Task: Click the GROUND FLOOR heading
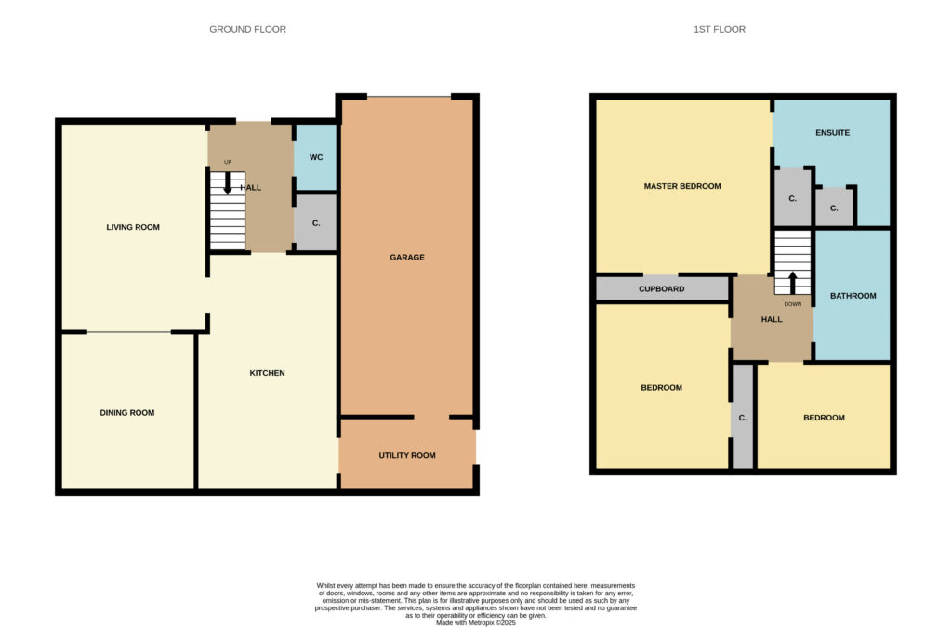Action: tap(247, 29)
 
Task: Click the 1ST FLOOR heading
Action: tap(720, 29)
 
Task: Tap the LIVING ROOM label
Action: tap(133, 227)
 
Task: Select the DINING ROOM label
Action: tap(126, 412)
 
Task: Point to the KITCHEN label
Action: tap(267, 373)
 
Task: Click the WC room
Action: tap(316, 158)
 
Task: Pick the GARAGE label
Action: tap(407, 258)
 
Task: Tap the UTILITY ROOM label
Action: tap(407, 455)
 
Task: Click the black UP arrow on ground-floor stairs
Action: tap(228, 183)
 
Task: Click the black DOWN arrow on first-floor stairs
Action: tap(792, 283)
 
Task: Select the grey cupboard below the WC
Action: tap(316, 222)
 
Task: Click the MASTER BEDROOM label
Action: tap(682, 187)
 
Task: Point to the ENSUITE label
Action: tap(832, 132)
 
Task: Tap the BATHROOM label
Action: tap(853, 296)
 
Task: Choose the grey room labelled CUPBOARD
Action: tap(662, 288)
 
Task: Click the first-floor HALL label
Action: tap(772, 319)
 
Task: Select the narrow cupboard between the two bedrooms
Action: tap(743, 417)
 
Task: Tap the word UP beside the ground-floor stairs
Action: tap(228, 162)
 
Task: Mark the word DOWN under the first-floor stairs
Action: tap(793, 304)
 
